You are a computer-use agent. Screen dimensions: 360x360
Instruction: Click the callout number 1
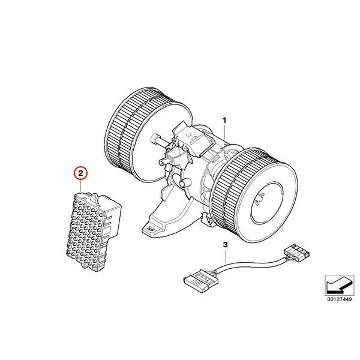tap(225, 120)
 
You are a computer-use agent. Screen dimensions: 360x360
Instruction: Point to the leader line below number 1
tap(225, 135)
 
